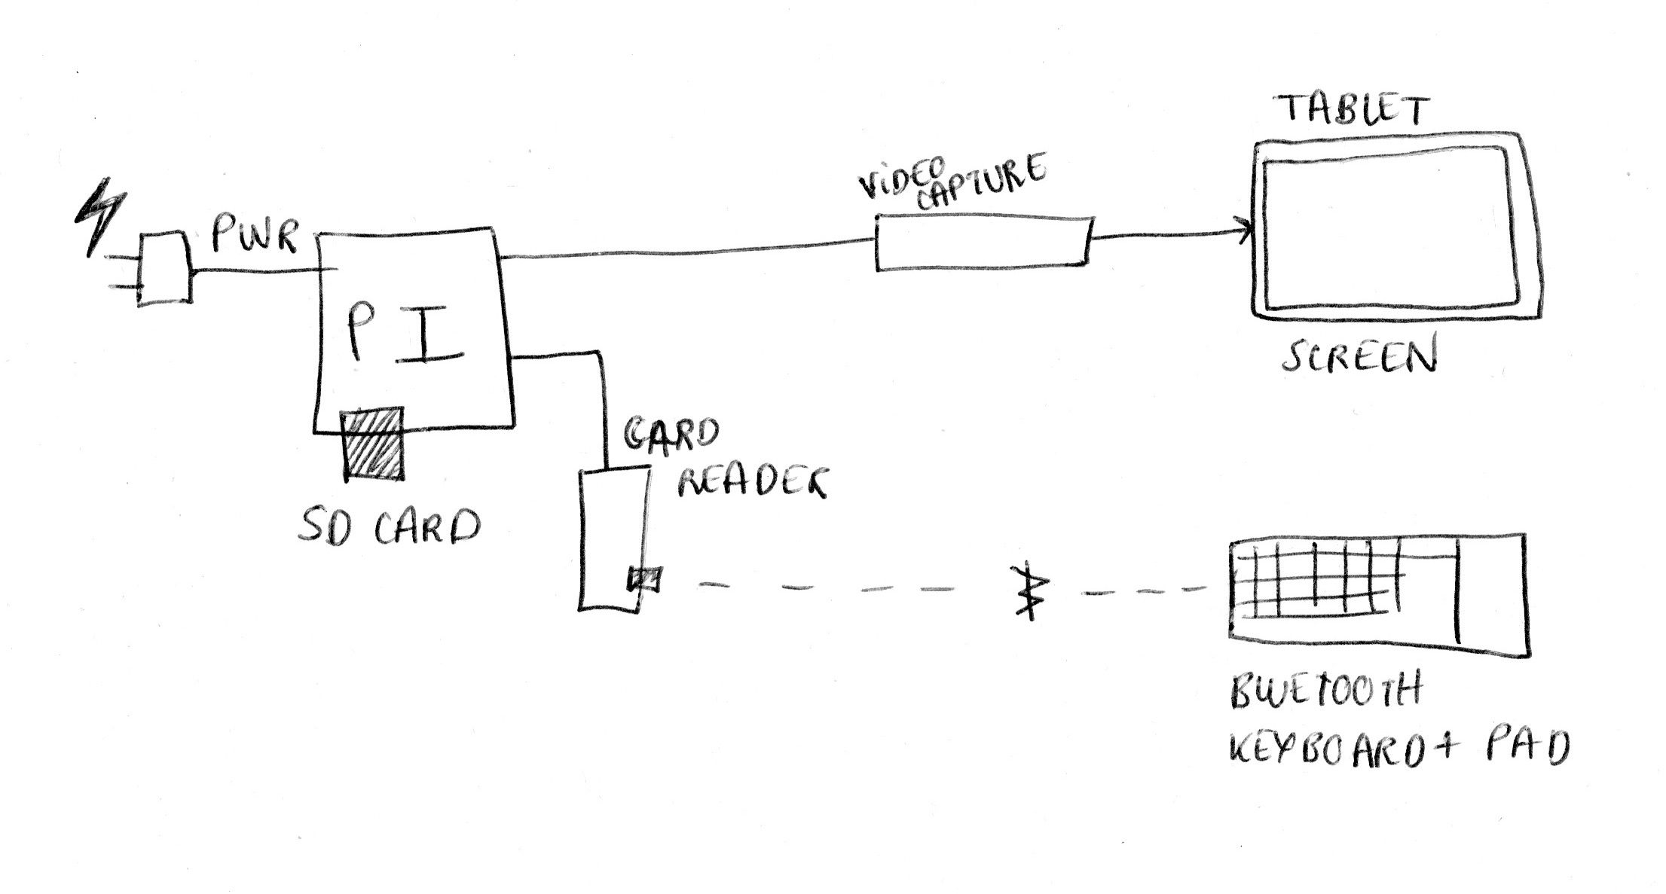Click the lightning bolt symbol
(100, 216)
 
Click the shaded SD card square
(373, 444)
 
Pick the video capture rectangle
(983, 243)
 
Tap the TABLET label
(1354, 111)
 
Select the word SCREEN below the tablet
(1360, 358)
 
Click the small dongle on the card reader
(645, 579)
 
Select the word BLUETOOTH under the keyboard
(1324, 691)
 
